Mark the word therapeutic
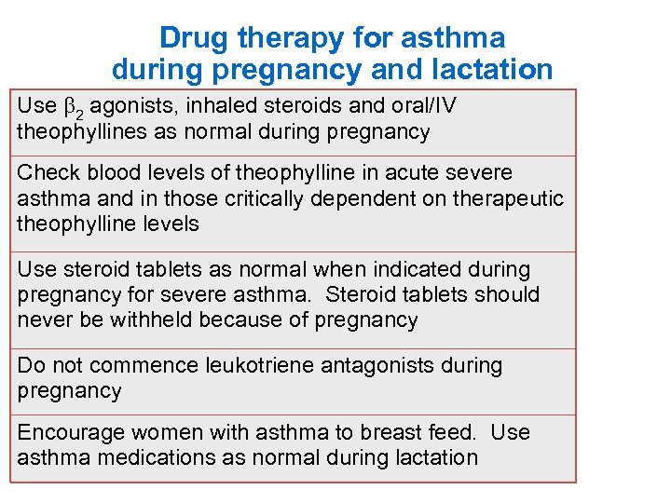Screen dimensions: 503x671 point(509,198)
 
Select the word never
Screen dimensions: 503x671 point(44,320)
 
